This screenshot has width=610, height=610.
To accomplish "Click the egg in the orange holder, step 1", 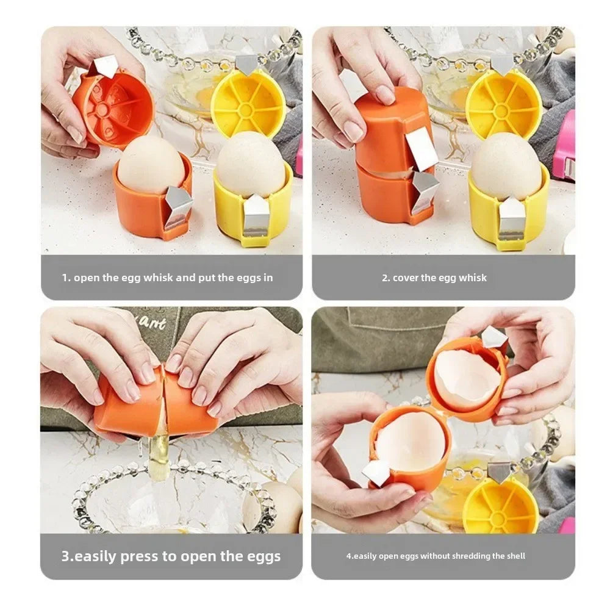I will [149, 165].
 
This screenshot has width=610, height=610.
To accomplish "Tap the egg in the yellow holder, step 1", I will [250, 163].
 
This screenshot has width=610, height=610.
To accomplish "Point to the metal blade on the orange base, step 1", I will [178, 206].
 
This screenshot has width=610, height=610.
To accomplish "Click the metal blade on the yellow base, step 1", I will [256, 213].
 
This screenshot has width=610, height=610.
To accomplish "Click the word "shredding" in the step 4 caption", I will [466, 556].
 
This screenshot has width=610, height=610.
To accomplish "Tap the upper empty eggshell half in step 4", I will [467, 379].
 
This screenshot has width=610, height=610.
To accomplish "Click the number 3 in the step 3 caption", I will [65, 556].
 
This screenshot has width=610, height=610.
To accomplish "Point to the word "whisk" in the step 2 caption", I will [474, 278].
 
